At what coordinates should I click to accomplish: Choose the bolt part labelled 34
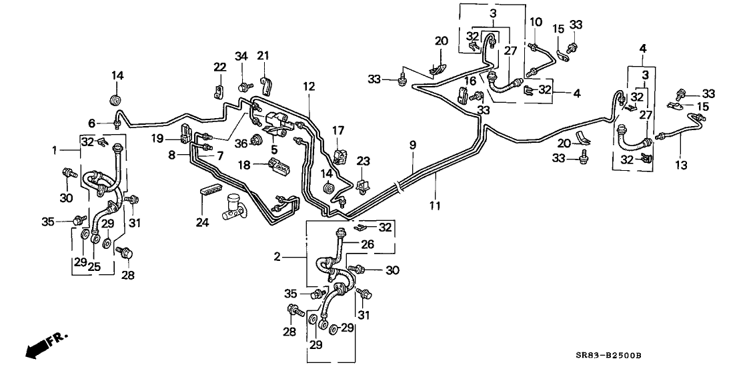(x=243, y=86)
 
